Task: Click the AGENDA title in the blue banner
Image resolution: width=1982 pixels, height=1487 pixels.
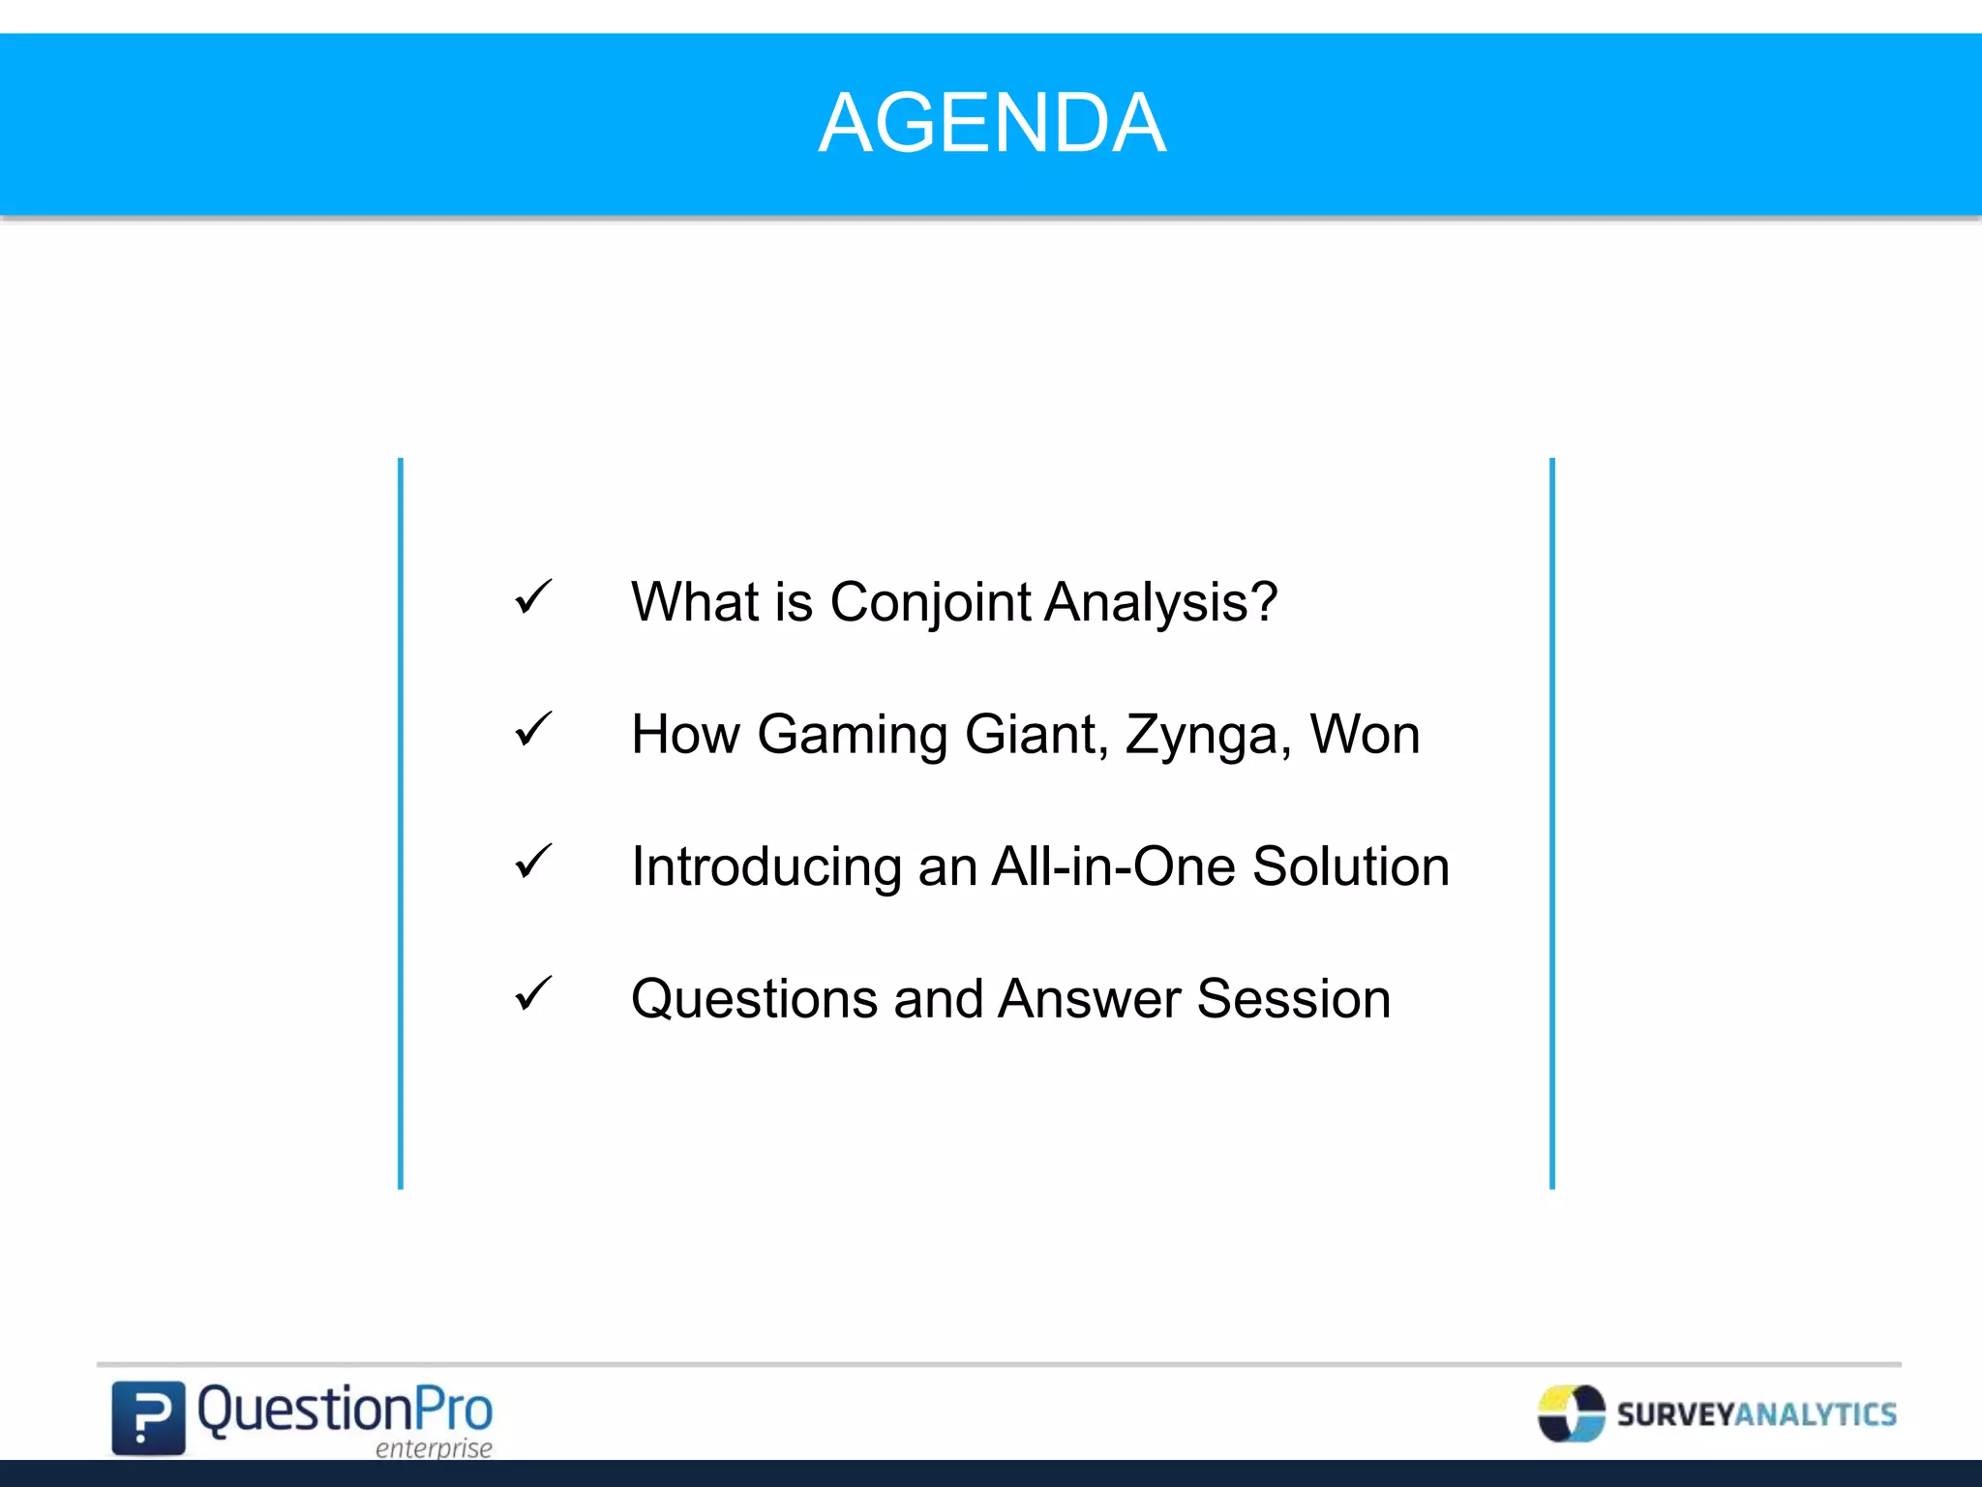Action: coord(992,123)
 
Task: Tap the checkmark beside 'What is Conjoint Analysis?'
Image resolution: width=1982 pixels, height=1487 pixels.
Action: coord(533,597)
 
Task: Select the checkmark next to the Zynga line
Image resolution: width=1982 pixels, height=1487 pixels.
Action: coord(533,729)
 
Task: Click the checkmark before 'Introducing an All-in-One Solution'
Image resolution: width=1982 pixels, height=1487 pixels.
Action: coord(533,862)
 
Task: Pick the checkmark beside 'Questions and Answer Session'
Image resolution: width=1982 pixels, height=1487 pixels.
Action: coord(533,993)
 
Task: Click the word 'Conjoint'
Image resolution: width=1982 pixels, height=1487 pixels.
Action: coord(930,603)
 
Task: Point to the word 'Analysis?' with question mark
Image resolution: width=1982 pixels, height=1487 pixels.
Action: coord(1161,602)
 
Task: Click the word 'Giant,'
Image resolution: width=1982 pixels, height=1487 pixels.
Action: coord(1036,734)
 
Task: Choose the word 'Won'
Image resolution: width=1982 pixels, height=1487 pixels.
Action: coord(1365,734)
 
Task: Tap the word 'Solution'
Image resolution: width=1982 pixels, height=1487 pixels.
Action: coord(1351,866)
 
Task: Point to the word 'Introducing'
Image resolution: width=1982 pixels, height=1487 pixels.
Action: coord(766,867)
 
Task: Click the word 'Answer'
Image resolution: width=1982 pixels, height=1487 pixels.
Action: coord(1089,998)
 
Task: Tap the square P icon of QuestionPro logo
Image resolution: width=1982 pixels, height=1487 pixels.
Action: coord(148,1417)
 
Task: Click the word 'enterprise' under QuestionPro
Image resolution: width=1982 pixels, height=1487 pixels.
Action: coord(434,1448)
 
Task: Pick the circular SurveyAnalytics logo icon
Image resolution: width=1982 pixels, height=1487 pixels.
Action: coord(1571,1413)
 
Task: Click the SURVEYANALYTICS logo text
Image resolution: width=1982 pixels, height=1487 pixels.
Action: coord(1757,1414)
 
